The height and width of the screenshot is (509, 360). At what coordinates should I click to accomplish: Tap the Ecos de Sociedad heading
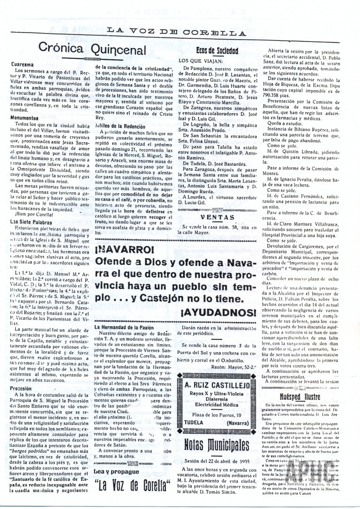click(216, 50)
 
